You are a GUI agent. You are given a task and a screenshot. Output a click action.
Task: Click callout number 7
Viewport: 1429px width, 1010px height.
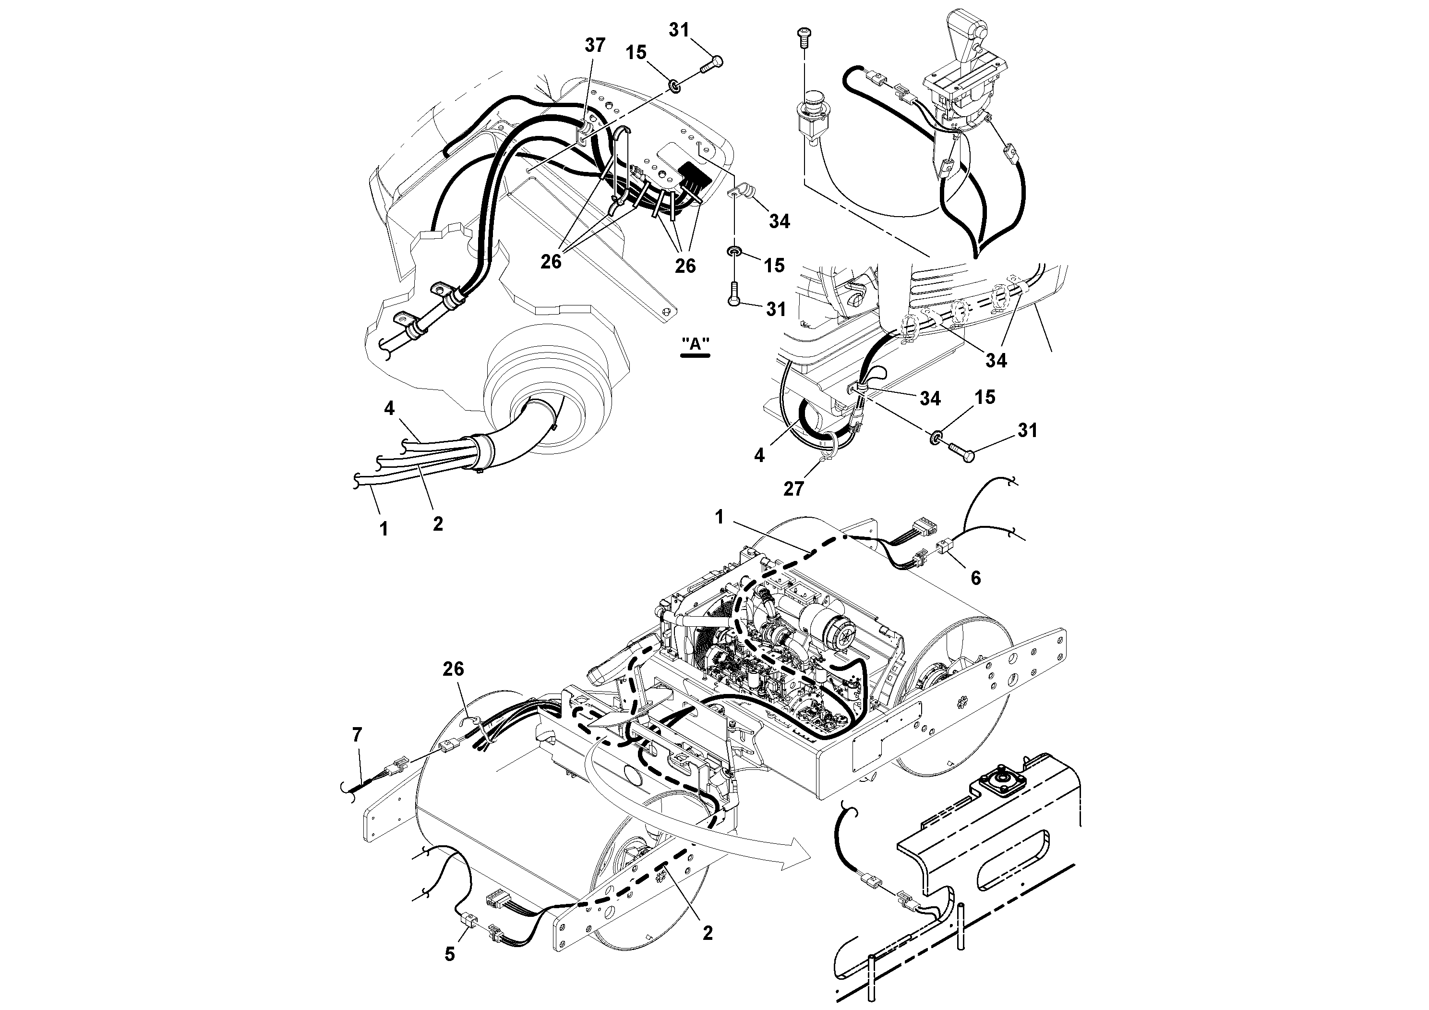tap(357, 735)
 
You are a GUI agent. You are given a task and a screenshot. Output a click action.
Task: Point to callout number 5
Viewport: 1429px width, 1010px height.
tap(449, 953)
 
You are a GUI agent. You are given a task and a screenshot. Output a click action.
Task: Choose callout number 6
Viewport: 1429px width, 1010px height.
tap(975, 578)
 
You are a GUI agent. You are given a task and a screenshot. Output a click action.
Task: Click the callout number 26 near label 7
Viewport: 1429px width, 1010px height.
tap(453, 669)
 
